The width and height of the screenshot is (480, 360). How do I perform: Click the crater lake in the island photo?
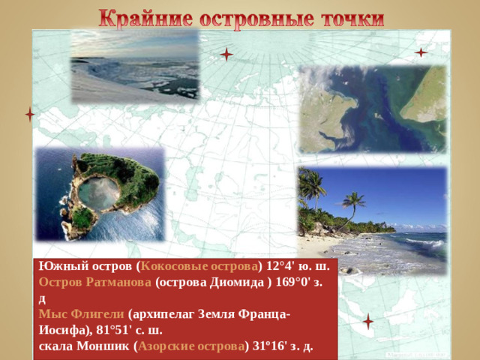click(x=98, y=193)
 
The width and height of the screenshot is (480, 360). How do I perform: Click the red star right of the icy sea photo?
click(x=226, y=54)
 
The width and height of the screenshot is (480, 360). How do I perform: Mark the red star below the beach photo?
click(x=367, y=321)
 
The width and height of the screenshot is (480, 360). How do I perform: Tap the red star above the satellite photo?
click(x=421, y=52)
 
